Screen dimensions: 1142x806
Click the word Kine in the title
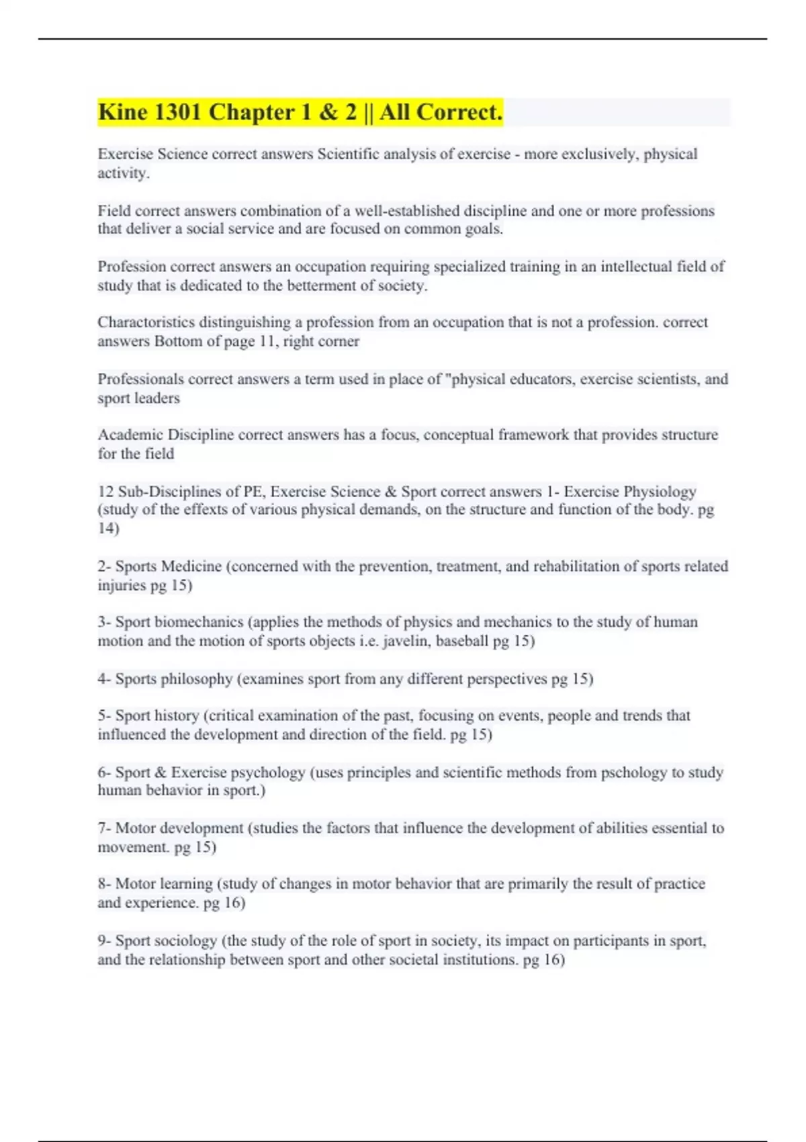point(123,112)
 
